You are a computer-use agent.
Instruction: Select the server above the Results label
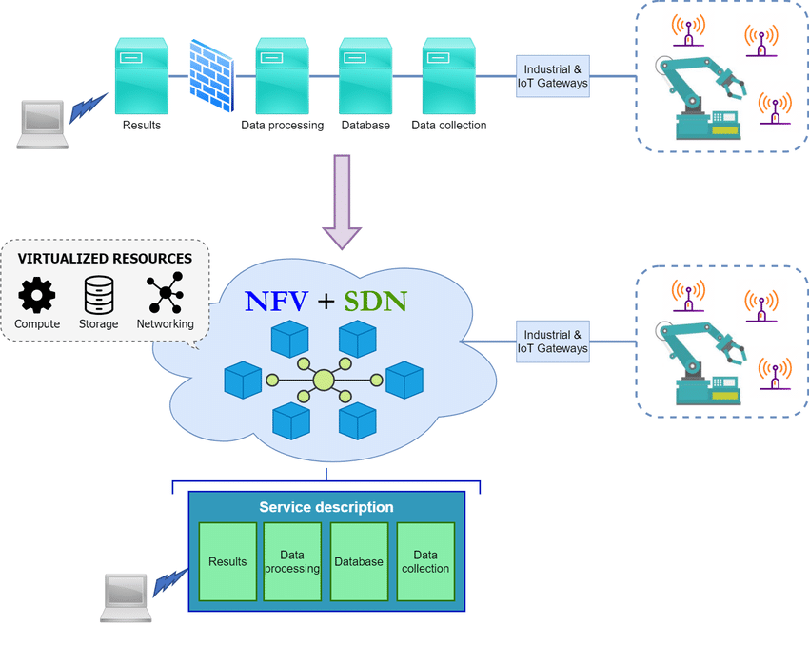(x=142, y=75)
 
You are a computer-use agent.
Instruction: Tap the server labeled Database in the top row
(x=366, y=75)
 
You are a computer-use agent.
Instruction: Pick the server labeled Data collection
(x=449, y=75)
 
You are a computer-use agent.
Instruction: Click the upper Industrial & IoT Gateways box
(x=553, y=76)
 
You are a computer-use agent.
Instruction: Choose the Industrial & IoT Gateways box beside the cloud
(x=553, y=342)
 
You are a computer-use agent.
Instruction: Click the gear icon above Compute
(x=37, y=295)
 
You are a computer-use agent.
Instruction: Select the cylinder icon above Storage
(x=99, y=295)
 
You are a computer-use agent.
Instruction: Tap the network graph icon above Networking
(x=165, y=295)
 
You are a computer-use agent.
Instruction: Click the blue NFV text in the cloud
(x=276, y=302)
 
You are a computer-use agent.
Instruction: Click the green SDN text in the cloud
(x=375, y=302)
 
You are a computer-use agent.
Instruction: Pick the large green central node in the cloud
(x=324, y=381)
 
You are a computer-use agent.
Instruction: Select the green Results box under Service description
(x=227, y=561)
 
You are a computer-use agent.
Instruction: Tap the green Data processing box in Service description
(x=292, y=561)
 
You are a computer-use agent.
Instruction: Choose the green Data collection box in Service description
(x=425, y=561)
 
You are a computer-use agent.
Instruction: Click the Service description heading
(x=326, y=507)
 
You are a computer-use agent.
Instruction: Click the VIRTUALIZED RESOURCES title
(x=105, y=258)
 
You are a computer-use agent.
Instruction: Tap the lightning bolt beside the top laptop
(x=89, y=107)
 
